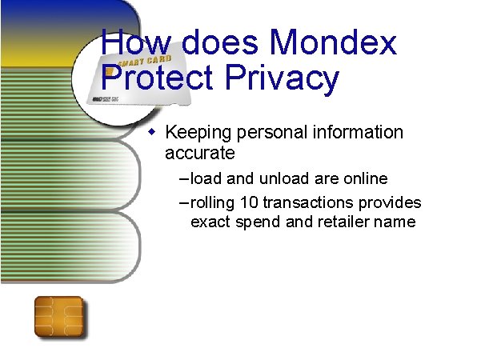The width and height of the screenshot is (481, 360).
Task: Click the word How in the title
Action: point(130,42)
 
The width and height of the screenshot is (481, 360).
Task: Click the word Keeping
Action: point(199,133)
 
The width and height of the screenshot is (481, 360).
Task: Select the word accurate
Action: point(199,152)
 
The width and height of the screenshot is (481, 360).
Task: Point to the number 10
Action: point(238,202)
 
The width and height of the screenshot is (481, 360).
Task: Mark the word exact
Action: point(210,222)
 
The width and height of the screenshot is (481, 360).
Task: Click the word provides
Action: point(391,202)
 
